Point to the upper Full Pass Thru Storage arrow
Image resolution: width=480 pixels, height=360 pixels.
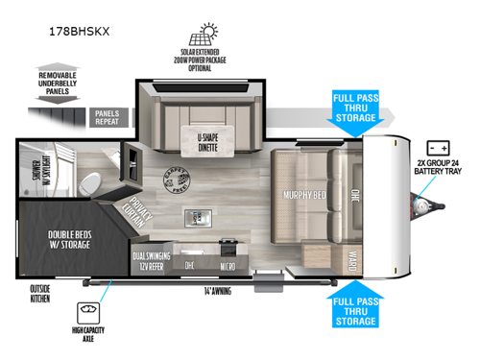(x=358, y=110)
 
